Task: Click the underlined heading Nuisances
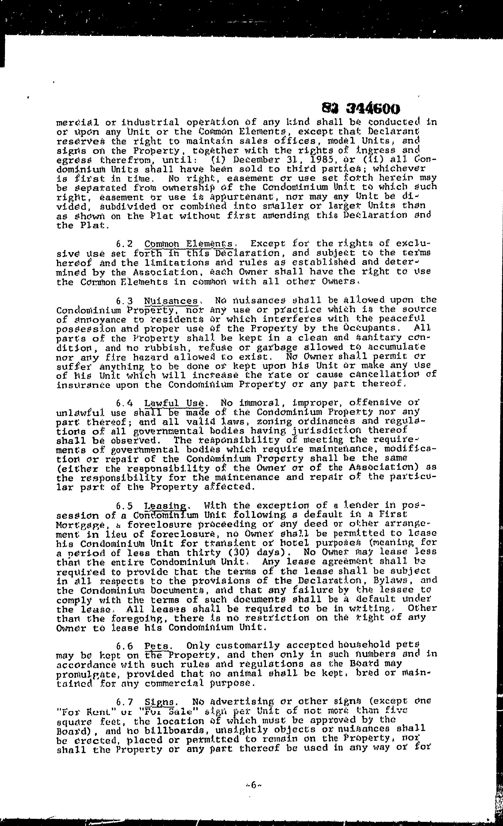click(x=170, y=300)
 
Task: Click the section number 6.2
click(x=125, y=244)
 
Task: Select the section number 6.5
click(x=125, y=505)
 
